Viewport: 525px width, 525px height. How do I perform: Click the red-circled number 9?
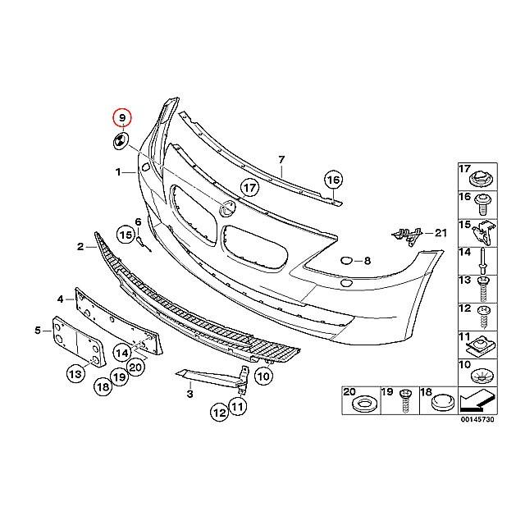coord(123,118)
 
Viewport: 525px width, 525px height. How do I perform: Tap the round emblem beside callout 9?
coord(120,141)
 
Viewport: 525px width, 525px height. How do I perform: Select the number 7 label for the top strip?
coord(281,159)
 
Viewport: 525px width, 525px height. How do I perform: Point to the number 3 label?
coord(189,395)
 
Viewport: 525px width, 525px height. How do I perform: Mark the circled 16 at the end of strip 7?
coord(332,180)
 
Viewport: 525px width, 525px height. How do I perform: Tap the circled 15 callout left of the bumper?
coord(125,235)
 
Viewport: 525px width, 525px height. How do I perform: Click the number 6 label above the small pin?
coord(138,222)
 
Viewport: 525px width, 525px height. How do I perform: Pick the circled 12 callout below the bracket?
coord(219,413)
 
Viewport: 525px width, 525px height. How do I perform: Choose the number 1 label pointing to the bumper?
coord(119,172)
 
